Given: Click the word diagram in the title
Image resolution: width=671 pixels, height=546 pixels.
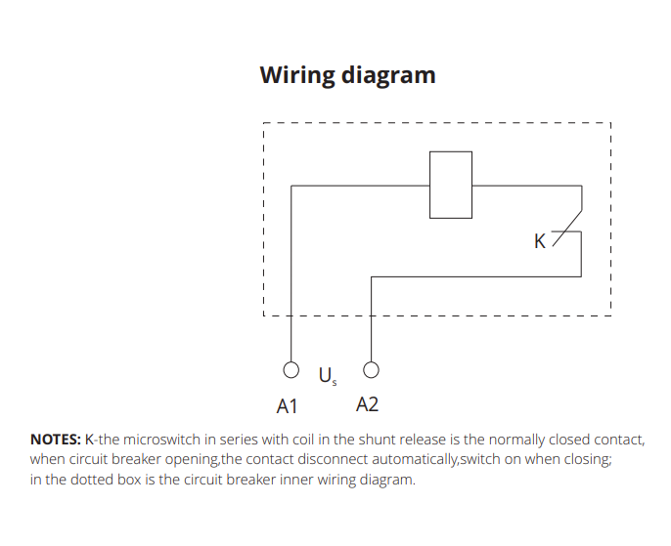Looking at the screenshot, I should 387,75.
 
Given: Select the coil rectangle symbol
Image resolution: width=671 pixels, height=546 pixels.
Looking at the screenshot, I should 450,185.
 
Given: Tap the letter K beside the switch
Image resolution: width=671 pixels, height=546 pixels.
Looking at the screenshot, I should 539,241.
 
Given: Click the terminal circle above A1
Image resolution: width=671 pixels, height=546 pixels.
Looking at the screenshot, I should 291,370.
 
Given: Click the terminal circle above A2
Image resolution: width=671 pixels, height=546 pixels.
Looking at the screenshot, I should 371,370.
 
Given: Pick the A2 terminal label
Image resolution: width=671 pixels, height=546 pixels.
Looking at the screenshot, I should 368,404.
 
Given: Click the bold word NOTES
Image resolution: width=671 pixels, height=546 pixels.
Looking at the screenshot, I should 55,440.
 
